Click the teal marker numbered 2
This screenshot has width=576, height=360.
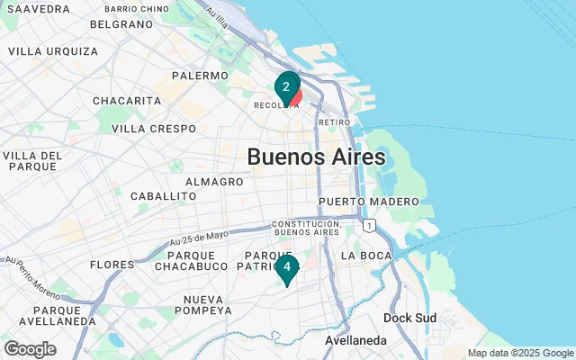[286, 87]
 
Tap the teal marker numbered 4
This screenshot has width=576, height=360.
[286, 267]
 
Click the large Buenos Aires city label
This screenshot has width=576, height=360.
[316, 157]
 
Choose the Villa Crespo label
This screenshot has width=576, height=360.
[154, 129]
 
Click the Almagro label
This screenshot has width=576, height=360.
[214, 182]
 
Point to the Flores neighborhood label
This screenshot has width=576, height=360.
[112, 265]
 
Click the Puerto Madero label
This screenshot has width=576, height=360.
[368, 201]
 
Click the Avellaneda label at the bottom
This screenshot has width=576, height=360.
[356, 341]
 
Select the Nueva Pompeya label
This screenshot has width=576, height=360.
[202, 304]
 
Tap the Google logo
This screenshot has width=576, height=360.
[30, 349]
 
